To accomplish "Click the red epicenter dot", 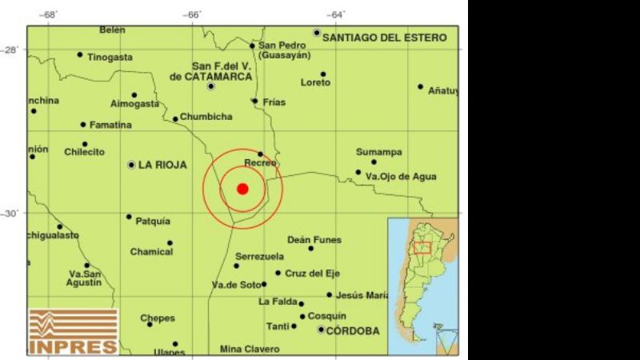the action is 242,189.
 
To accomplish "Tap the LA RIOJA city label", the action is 162,165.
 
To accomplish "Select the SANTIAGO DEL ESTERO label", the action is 385,37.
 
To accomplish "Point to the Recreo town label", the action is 261,163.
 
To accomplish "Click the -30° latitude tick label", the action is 16,214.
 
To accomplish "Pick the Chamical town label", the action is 151,252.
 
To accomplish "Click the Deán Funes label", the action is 314,239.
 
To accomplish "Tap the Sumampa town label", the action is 379,152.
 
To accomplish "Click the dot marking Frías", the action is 255,101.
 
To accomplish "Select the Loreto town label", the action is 315,82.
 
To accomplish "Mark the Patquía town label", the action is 153,221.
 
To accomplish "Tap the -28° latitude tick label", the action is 16,50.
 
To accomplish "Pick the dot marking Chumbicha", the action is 176,119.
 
